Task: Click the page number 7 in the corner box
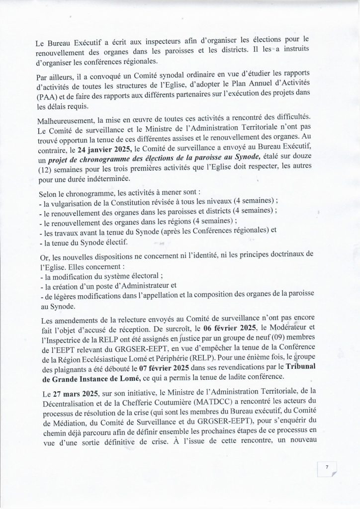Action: point(327,467)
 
